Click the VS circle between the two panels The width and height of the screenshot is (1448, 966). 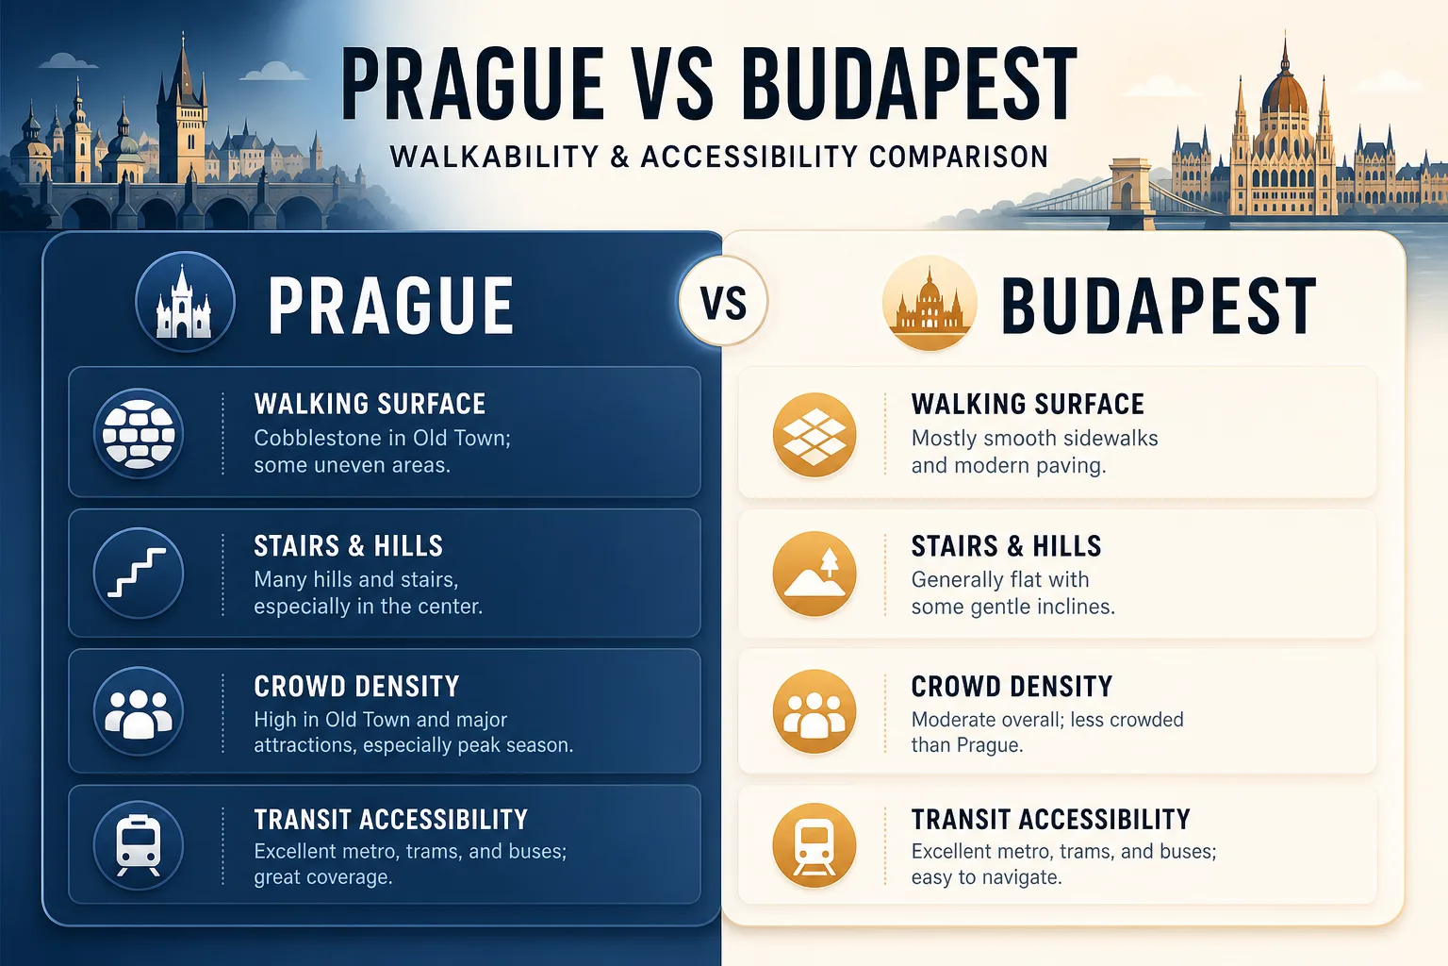pyautogui.click(x=723, y=301)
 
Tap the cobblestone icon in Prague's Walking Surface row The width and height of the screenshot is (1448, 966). pyautogui.click(x=139, y=433)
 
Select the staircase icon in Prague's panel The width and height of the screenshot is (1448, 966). pyautogui.click(x=139, y=574)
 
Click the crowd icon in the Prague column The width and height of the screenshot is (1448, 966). pyautogui.click(x=139, y=711)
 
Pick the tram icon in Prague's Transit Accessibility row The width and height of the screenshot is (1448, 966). pyautogui.click(x=139, y=845)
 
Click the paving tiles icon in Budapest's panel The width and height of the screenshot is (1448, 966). pyautogui.click(x=814, y=434)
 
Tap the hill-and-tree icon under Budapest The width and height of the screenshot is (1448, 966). pyautogui.click(x=814, y=574)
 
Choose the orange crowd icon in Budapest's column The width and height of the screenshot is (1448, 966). pyautogui.click(x=814, y=711)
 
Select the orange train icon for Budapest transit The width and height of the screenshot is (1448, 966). pyautogui.click(x=814, y=845)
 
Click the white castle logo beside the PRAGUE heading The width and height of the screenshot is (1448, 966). pyautogui.click(x=185, y=302)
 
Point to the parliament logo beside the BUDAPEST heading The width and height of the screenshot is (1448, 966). pyautogui.click(x=930, y=303)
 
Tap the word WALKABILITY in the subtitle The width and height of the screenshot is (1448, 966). pyautogui.click(x=495, y=158)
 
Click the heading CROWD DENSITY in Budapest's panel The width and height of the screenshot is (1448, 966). pyautogui.click(x=1012, y=687)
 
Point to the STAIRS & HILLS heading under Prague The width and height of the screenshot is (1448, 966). pyautogui.click(x=349, y=546)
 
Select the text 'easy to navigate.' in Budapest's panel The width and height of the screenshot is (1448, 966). pyautogui.click(x=986, y=877)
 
